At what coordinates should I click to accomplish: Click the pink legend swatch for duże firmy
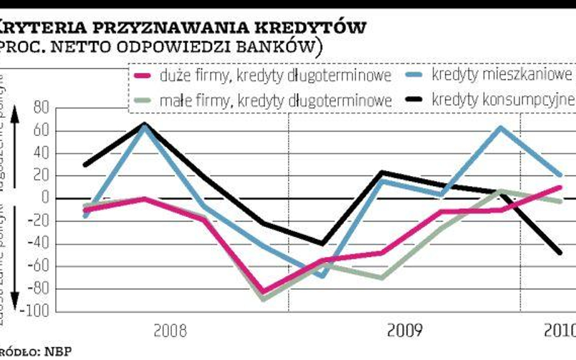pos(142,76)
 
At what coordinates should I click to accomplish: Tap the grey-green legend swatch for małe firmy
pos(142,98)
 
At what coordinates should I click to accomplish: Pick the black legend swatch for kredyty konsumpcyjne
pos(414,98)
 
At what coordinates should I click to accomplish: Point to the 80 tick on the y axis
pos(42,109)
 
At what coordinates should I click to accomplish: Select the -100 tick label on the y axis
pos(36,311)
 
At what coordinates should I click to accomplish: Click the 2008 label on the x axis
pos(171,331)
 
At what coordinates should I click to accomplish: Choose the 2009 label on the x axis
pos(405,331)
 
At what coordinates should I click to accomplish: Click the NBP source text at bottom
pos(60,352)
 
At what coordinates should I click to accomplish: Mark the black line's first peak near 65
pos(144,124)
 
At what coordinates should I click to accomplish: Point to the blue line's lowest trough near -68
pos(322,276)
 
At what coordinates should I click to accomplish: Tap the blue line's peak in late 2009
pos(500,127)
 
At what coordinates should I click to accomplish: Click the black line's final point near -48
pos(560,253)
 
